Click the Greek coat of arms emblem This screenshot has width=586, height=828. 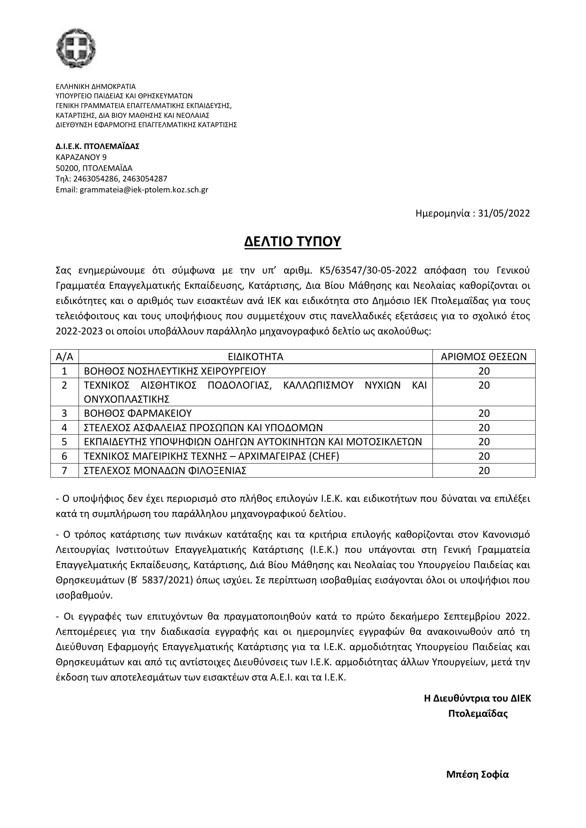76,49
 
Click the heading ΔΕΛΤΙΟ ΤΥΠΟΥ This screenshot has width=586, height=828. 293,242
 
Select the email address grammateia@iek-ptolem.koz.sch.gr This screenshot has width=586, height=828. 144,190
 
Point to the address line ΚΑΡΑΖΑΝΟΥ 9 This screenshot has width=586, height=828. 81,157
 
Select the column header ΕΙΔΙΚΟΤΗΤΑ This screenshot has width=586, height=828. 255,357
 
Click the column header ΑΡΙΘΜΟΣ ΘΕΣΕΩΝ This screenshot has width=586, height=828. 484,357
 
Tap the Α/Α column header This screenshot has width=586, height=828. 64,357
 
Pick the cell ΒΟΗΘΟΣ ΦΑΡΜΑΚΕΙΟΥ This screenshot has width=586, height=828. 138,413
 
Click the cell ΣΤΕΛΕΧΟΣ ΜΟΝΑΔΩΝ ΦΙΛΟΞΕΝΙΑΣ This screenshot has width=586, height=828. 165,471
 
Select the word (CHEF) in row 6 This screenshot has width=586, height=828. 323,456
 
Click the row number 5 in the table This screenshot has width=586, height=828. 64,442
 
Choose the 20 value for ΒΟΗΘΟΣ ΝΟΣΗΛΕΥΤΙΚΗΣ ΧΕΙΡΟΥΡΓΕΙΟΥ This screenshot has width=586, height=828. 484,371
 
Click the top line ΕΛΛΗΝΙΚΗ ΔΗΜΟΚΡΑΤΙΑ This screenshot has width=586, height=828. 96,87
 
